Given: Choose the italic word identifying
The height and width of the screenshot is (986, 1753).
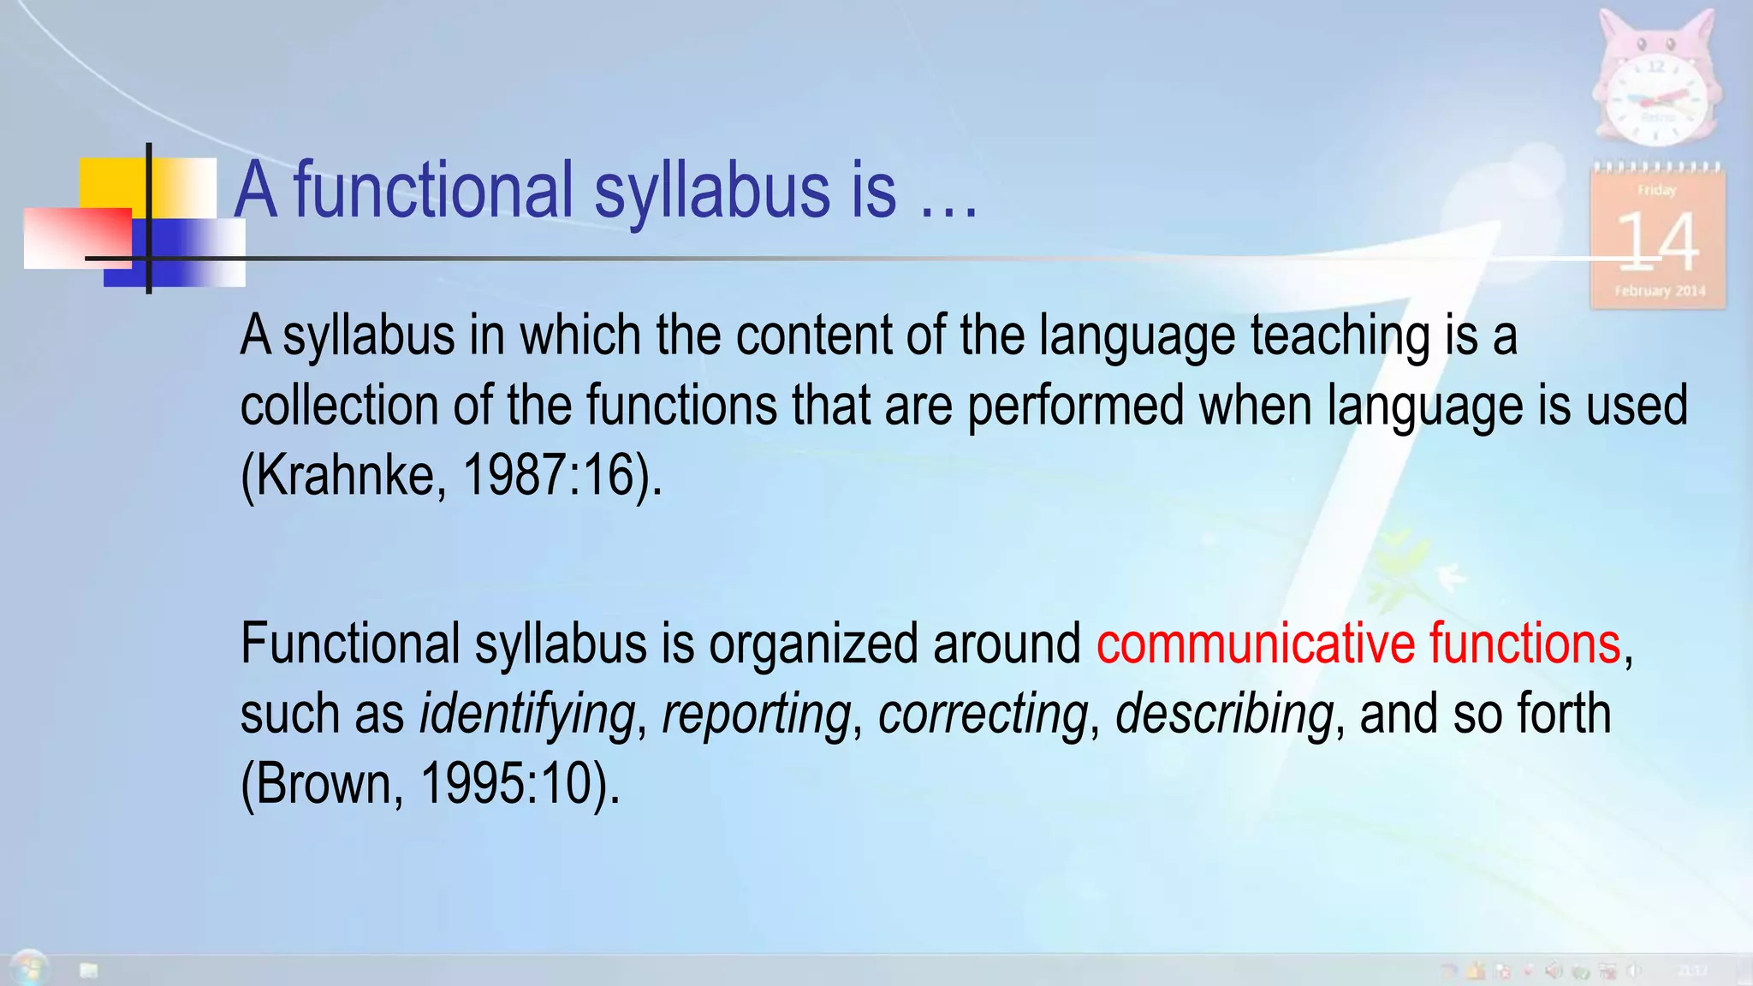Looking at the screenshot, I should coord(526,715).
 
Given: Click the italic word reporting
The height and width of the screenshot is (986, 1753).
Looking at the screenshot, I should coord(757,715).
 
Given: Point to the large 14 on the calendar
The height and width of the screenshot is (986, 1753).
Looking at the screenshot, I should coord(1657,242).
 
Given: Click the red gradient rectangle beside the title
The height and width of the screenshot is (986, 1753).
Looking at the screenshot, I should coord(77,238).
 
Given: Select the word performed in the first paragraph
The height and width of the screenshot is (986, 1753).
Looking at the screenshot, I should coord(1075,405).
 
